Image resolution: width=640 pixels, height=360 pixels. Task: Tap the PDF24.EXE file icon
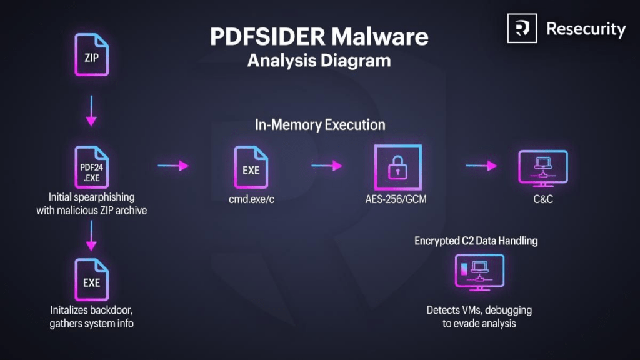point(91,167)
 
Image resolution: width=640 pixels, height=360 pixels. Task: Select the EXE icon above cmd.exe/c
point(251,167)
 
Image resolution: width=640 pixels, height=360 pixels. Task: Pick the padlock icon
point(397,167)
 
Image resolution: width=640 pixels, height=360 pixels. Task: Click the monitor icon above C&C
point(543,168)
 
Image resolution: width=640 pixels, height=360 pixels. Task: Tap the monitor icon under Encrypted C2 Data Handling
point(479,272)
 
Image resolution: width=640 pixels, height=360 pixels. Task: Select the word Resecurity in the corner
point(586,29)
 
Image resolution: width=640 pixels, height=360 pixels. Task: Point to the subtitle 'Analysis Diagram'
point(319,61)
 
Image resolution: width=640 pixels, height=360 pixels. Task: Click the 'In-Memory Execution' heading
point(320,124)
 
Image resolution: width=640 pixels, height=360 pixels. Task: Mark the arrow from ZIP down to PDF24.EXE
point(91,111)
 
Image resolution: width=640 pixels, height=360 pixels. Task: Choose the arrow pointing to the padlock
point(327,166)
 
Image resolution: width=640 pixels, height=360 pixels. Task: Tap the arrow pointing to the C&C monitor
point(481,166)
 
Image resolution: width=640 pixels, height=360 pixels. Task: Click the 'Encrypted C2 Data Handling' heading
point(476,241)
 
